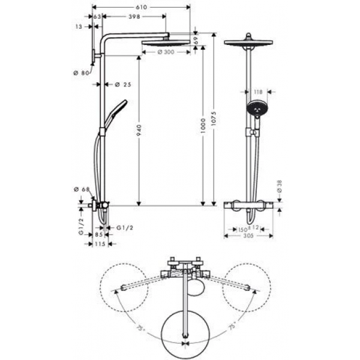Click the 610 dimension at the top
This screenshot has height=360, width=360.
point(141,7)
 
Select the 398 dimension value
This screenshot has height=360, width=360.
point(135,17)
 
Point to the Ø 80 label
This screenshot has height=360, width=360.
point(79,73)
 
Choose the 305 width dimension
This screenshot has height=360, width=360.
point(248,236)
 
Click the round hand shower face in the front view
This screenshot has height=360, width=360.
point(256,110)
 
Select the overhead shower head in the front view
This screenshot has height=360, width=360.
point(248,43)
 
